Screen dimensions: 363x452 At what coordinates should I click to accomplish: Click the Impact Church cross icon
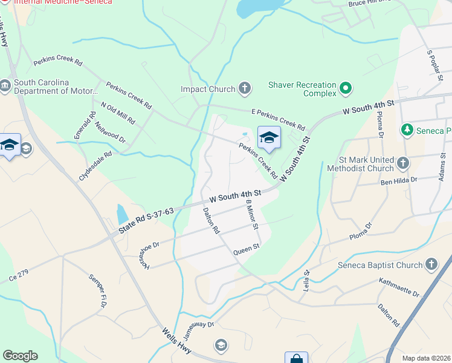click(x=245, y=89)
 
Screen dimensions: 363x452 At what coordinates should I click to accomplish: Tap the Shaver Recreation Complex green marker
click(x=346, y=89)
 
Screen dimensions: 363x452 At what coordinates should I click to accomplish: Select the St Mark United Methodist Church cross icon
click(x=403, y=163)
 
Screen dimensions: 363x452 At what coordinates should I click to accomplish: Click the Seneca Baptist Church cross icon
click(x=431, y=264)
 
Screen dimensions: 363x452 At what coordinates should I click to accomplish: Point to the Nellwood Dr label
click(x=110, y=132)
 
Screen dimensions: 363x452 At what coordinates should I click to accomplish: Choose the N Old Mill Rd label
click(x=118, y=113)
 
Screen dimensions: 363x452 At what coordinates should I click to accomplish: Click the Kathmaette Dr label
click(x=399, y=287)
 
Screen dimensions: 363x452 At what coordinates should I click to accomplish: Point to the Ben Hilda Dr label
click(x=399, y=180)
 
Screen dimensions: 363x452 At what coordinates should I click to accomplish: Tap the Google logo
click(x=20, y=356)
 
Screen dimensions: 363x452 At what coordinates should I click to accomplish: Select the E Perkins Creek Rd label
click(x=278, y=119)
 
